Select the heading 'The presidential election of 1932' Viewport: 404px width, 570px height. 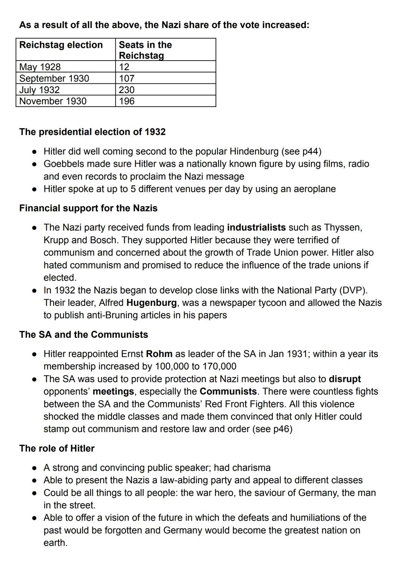pyautogui.click(x=92, y=132)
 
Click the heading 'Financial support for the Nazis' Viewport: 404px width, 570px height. pyautogui.click(x=88, y=208)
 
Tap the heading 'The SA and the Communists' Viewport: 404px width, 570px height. pyautogui.click(x=83, y=335)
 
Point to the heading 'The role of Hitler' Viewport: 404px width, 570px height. pyautogui.click(x=57, y=448)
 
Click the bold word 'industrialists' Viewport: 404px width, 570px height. pyautogui.click(x=256, y=227)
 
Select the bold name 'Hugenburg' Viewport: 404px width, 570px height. pyautogui.click(x=151, y=302)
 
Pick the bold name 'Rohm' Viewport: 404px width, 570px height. pyautogui.click(x=159, y=354)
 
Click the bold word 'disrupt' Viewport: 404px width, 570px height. pyautogui.click(x=345, y=379)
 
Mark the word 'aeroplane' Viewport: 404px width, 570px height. pyautogui.click(x=315, y=189)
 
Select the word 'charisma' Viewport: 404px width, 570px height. pyautogui.click(x=251, y=468)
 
